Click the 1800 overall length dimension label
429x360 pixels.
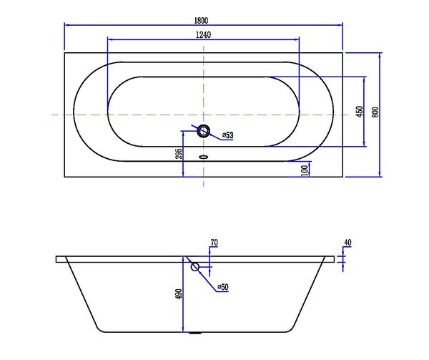201,21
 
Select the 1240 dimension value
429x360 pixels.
204,35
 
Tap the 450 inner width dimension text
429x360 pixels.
360,112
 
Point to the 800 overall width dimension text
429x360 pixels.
375,112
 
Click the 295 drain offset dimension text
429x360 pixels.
178,154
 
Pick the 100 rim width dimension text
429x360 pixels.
305,170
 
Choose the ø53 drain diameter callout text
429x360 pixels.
227,135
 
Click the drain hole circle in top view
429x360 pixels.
203,131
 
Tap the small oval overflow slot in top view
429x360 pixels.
203,157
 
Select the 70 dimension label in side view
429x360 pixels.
214,243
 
